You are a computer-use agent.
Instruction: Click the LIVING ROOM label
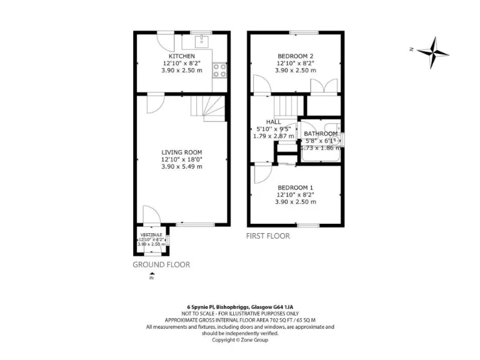tap(182, 152)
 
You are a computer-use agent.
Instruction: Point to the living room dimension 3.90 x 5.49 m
tap(182, 166)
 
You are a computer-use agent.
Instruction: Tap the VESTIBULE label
tap(151, 234)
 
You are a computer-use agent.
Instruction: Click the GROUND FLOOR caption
tap(161, 264)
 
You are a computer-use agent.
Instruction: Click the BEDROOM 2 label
tap(295, 56)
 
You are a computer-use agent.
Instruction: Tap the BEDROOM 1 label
tap(295, 187)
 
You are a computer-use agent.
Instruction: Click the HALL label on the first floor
tap(273, 122)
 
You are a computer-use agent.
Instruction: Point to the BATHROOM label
tap(321, 134)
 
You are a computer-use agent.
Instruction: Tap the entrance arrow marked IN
tap(151, 276)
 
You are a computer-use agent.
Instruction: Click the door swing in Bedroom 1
tap(261, 173)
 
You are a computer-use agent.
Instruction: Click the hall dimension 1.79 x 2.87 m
tap(272, 136)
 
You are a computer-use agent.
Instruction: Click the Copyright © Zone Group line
tap(240, 340)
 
